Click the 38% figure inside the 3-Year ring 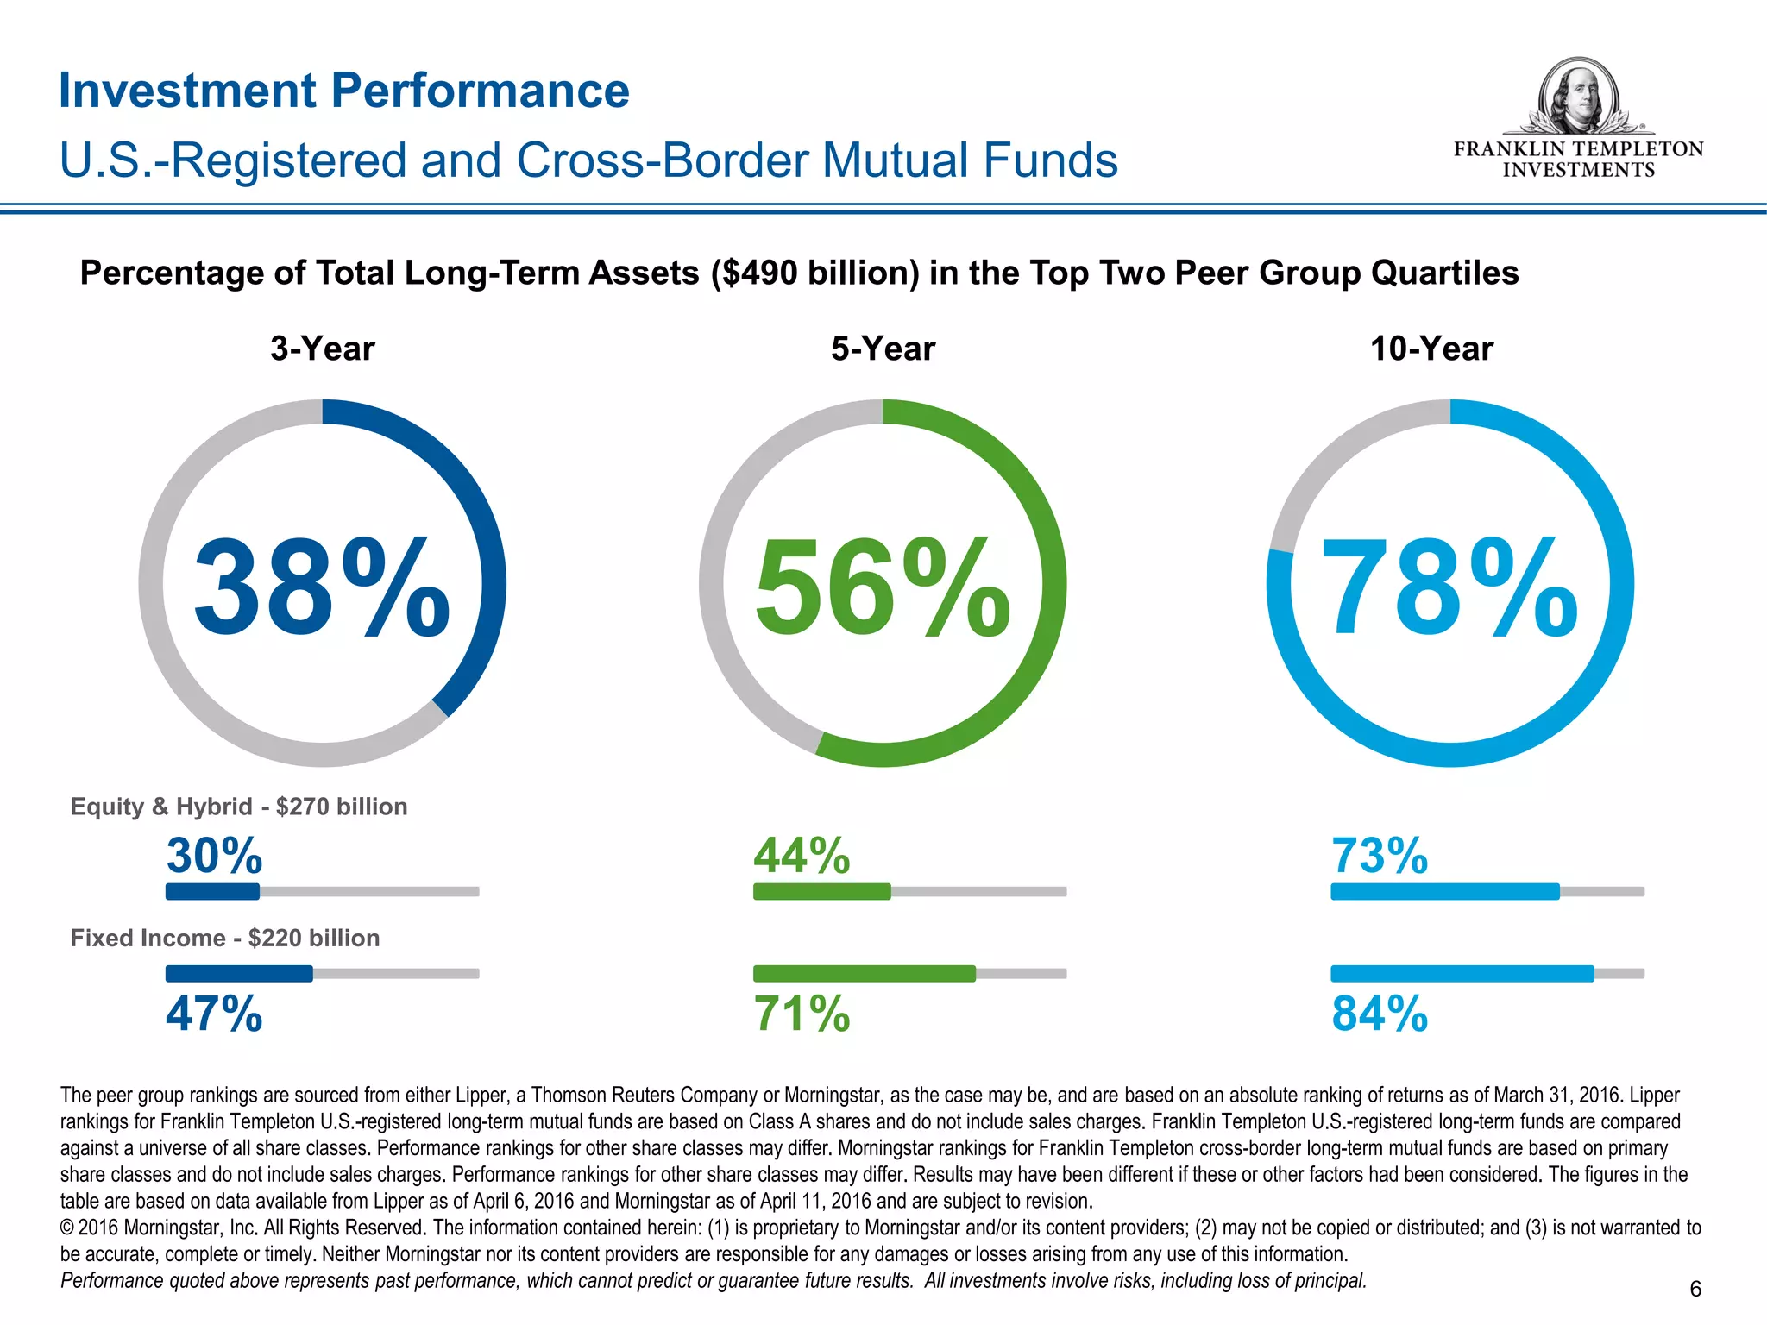(321, 587)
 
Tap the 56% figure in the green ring (882, 587)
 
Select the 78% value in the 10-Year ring (1449, 587)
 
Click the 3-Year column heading (322, 349)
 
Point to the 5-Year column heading (883, 349)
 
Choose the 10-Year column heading (1431, 349)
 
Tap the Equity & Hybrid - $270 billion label (239, 807)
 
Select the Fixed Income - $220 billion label (224, 938)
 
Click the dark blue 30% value (214, 856)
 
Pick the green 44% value (802, 856)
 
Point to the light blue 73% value (1379, 856)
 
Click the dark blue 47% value (214, 1014)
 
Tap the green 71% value (802, 1014)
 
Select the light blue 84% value (1379, 1014)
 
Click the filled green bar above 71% (864, 973)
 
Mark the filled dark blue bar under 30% (212, 891)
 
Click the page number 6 (1695, 1289)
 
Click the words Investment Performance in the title (344, 91)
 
